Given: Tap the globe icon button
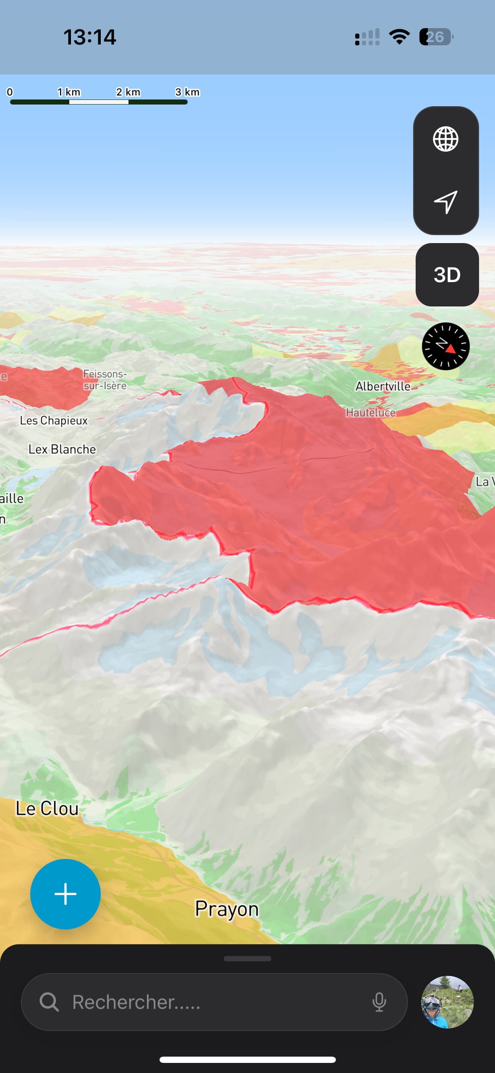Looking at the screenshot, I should (x=445, y=139).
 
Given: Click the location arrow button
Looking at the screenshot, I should (x=445, y=202).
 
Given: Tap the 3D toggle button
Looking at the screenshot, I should (x=447, y=275).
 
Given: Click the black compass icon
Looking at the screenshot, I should (x=445, y=346).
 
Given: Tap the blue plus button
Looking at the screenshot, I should (x=65, y=894).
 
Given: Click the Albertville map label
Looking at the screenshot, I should (x=383, y=386).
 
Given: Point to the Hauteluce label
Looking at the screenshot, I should (x=370, y=413).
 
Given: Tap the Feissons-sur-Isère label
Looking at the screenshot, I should (x=105, y=379).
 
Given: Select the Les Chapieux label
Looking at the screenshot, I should (x=54, y=421).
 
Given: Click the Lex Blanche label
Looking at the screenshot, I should (x=62, y=449).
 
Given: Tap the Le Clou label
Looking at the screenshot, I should (x=47, y=809).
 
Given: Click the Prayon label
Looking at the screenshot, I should (x=227, y=909).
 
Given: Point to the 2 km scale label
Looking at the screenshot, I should (x=128, y=92).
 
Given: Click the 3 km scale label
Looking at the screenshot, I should (x=187, y=92).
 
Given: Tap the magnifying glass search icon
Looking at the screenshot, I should (x=49, y=1002).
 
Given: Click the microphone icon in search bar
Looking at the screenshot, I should (x=379, y=1002).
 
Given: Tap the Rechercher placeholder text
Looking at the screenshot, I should (x=136, y=1002).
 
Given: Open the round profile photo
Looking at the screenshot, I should (x=447, y=1002).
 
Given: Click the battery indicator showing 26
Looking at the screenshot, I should (x=436, y=37).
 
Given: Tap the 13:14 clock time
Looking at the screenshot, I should (x=89, y=37).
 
